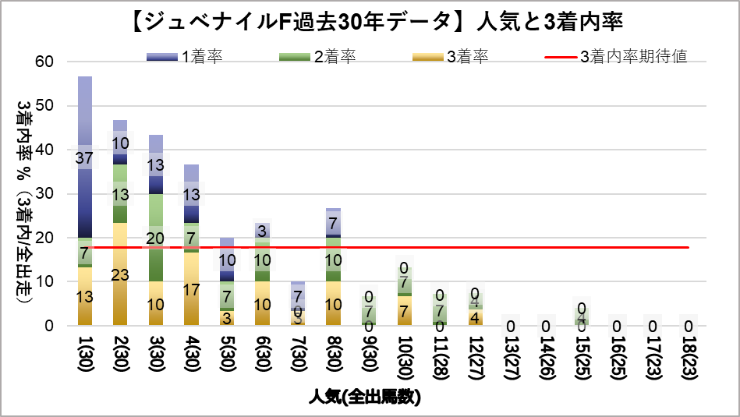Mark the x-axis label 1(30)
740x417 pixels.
[x=85, y=355]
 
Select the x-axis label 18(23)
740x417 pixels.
[x=688, y=355]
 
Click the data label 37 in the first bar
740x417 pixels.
[x=85, y=158]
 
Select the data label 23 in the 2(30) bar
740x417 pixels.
[x=120, y=274]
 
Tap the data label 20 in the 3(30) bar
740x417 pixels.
[x=155, y=238]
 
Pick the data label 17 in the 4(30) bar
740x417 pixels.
[x=190, y=289]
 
